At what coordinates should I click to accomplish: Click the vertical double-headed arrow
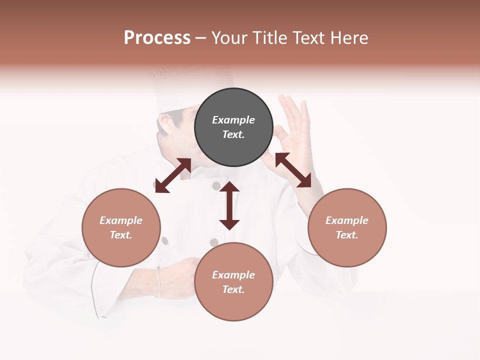click(229, 205)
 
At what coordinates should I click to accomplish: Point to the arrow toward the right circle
click(293, 170)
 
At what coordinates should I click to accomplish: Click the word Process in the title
click(157, 37)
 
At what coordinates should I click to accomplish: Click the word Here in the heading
click(350, 37)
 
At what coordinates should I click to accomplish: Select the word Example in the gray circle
click(233, 120)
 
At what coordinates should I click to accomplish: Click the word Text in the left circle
click(121, 235)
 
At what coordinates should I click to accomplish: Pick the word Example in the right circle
click(347, 220)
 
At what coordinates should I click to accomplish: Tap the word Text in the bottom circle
click(233, 289)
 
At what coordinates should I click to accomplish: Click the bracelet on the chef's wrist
click(158, 282)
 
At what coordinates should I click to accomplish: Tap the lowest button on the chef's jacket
click(214, 242)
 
